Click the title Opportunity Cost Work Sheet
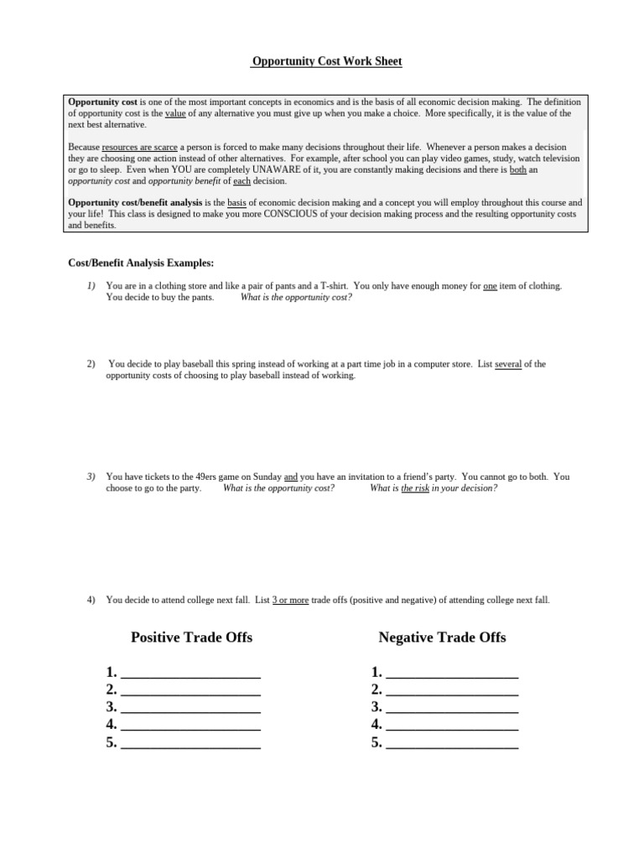pyautogui.click(x=321, y=62)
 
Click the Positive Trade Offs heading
pyautogui.click(x=191, y=638)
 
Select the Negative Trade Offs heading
pyautogui.click(x=442, y=638)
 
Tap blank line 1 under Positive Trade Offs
pyautogui.click(x=190, y=673)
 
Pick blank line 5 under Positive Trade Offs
pyautogui.click(x=190, y=743)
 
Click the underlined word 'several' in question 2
pyautogui.click(x=508, y=364)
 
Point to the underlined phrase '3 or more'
pyautogui.click(x=290, y=601)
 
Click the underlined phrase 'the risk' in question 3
pyautogui.click(x=415, y=488)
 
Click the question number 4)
pyautogui.click(x=91, y=601)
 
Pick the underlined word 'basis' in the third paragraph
pyautogui.click(x=237, y=203)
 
